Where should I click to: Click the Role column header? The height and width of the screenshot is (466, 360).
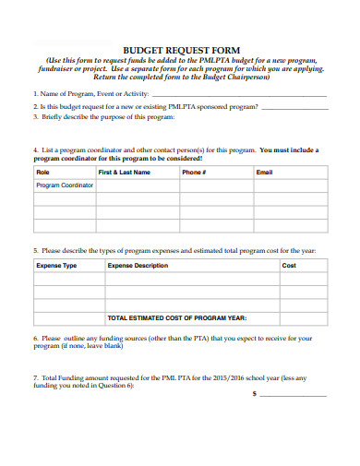42,173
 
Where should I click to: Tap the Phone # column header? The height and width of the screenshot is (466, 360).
194,173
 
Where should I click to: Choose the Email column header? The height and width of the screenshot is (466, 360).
264,173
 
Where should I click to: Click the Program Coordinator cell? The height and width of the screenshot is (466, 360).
65,185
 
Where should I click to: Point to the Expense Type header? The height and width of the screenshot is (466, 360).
56,266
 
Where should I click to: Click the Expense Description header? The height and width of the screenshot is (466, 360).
138,266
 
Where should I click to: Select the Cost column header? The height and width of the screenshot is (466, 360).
289,266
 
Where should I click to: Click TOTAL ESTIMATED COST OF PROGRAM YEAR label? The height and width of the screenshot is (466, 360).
177,318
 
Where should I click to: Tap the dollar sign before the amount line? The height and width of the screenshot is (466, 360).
254,393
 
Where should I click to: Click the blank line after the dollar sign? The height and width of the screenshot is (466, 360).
294,394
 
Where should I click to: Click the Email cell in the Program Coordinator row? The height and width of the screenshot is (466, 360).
289,185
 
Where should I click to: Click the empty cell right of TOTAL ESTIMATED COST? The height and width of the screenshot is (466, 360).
303,318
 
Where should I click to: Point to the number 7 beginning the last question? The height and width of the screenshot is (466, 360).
35,377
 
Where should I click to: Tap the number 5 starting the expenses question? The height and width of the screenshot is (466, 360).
35,250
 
